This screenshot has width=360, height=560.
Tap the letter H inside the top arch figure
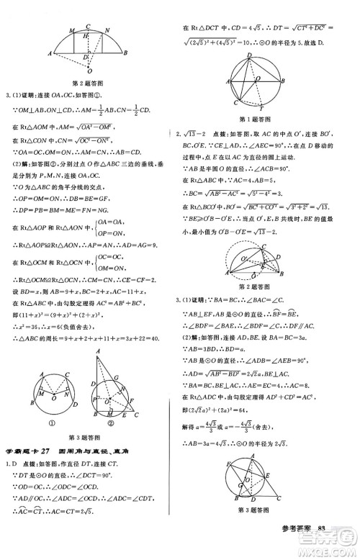(x=85, y=36)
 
